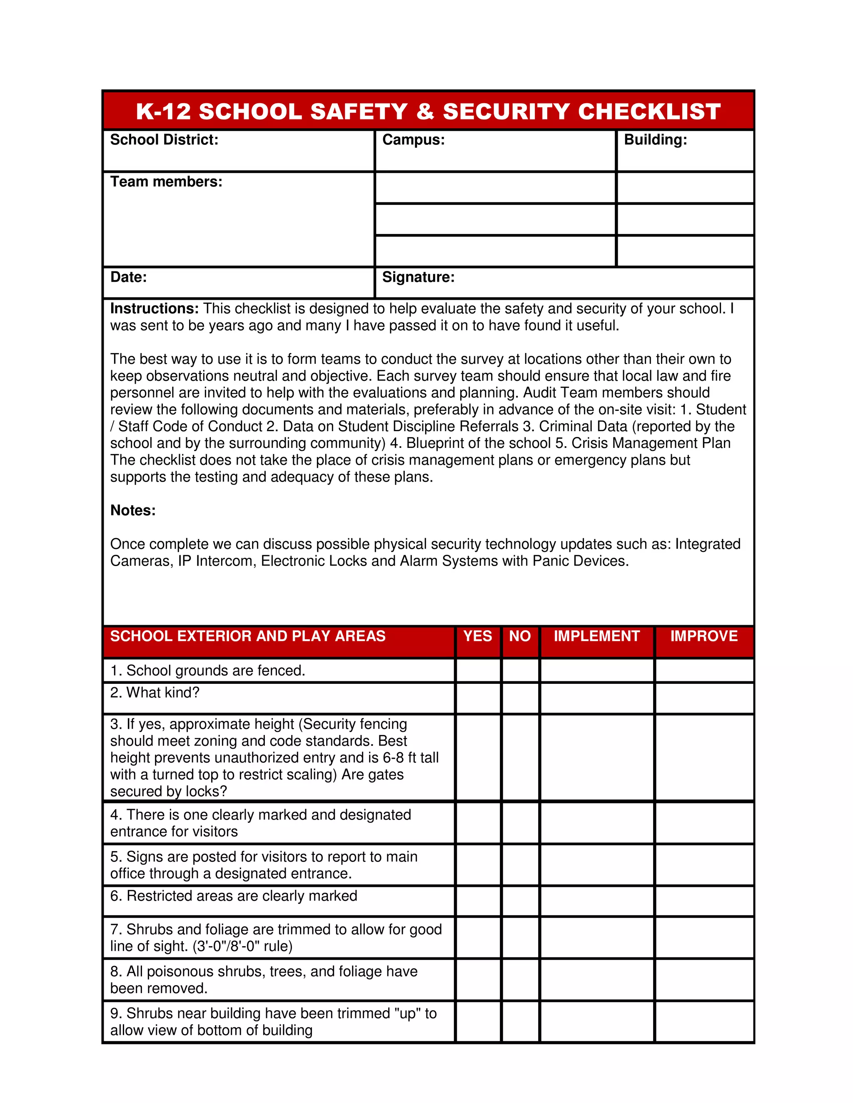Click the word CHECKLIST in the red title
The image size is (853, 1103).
(649, 112)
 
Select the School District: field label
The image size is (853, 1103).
(164, 140)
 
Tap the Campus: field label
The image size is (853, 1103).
(413, 140)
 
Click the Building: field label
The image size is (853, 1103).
(656, 140)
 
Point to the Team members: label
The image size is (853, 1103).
(166, 182)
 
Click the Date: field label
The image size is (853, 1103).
(128, 277)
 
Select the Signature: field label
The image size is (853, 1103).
(418, 277)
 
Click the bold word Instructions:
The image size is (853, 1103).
(155, 308)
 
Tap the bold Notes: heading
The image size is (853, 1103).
(133, 511)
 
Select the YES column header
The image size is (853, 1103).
(478, 636)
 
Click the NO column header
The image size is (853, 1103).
(519, 636)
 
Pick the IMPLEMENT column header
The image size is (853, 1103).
(596, 636)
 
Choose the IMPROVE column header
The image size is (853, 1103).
(703, 636)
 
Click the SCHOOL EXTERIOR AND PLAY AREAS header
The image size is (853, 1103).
(248, 636)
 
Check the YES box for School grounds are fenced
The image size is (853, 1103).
(478, 671)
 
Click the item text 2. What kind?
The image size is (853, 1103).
(155, 693)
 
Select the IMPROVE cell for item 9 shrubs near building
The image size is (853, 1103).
(704, 1022)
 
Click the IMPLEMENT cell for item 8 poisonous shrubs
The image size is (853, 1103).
(597, 980)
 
